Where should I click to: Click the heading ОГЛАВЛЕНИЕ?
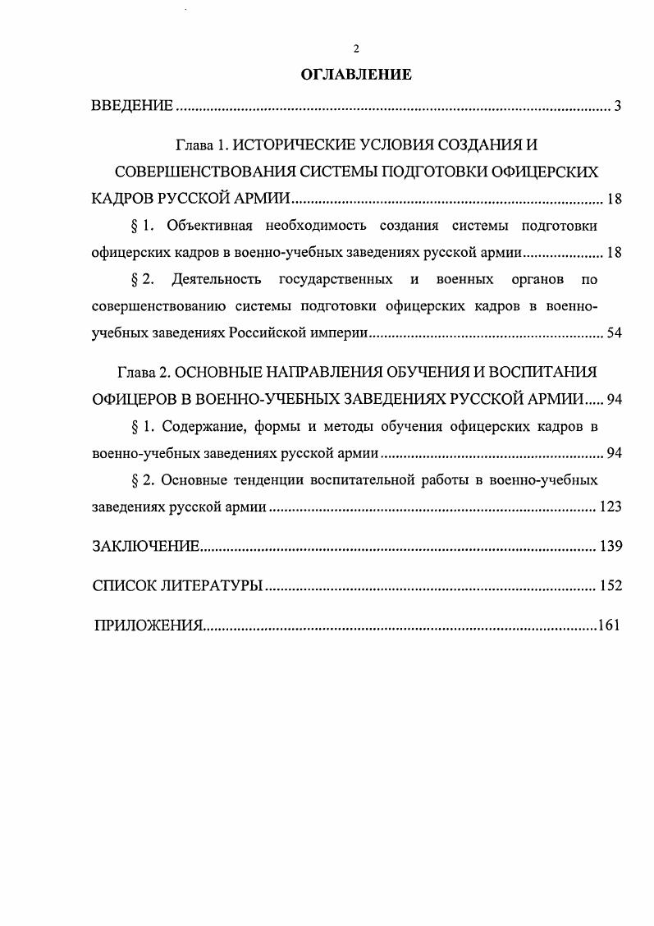355,75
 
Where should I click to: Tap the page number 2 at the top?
356,49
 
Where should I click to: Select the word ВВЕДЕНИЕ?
132,106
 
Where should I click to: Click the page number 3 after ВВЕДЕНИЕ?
617,106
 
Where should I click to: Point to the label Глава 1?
201,146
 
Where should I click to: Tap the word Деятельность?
217,280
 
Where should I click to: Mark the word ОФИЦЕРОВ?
136,399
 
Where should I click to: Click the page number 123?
611,507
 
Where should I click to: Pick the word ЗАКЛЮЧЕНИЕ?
146,547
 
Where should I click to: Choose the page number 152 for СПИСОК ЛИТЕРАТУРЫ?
611,586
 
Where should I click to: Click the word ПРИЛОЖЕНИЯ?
148,626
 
